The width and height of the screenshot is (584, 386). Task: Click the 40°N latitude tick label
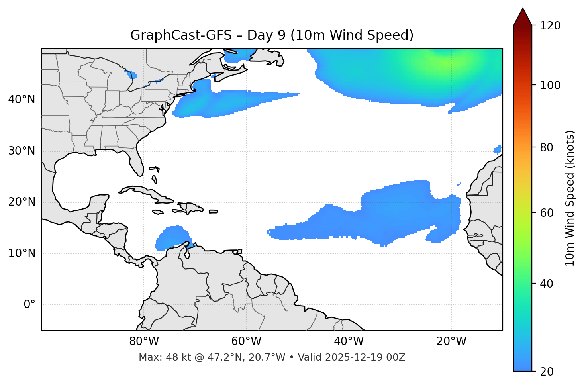22,100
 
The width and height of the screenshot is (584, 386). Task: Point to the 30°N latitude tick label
22,151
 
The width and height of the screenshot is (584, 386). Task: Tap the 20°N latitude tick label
22,202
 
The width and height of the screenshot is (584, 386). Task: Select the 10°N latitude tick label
22,253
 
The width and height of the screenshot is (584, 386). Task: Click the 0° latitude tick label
29,305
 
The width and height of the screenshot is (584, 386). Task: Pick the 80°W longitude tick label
144,341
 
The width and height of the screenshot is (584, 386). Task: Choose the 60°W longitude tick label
246,341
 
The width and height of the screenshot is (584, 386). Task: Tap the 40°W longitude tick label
349,341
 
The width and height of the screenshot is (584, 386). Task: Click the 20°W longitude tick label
451,341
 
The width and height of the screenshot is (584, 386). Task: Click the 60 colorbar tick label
547,213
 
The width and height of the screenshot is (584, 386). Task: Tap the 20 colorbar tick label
547,372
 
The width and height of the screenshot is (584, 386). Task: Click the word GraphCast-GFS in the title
181,35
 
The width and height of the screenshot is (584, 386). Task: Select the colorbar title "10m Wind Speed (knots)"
570,198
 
